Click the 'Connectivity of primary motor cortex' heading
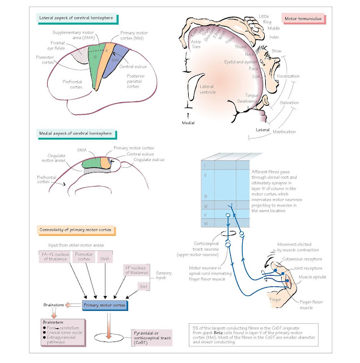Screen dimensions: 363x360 point(78,230)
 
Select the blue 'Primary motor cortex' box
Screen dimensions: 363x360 point(105,305)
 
